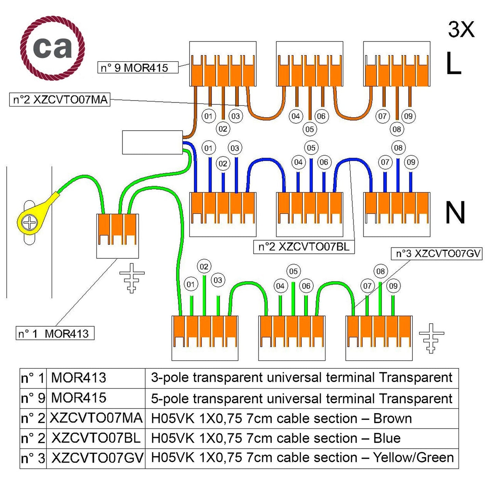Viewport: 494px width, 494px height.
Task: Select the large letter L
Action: [x=454, y=64]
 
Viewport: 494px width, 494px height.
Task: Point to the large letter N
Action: [x=455, y=212]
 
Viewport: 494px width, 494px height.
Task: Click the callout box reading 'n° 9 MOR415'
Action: [x=138, y=67]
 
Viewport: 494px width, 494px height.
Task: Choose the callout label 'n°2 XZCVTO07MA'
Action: [x=60, y=100]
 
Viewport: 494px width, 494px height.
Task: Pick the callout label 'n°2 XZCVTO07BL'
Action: [x=304, y=247]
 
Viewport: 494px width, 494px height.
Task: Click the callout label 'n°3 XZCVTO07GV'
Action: [x=437, y=254]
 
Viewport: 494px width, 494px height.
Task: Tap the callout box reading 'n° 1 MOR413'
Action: [x=55, y=333]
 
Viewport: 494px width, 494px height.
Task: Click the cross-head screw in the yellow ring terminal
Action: [x=29, y=223]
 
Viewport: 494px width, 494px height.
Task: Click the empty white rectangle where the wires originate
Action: [x=152, y=142]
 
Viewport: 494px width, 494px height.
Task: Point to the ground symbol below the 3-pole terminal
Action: [x=132, y=277]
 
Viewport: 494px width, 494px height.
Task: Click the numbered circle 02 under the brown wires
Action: [x=223, y=129]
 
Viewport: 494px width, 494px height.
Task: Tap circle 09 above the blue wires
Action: [x=411, y=162]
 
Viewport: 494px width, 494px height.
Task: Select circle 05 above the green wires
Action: [x=293, y=271]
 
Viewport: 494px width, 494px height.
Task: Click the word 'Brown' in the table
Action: [x=392, y=418]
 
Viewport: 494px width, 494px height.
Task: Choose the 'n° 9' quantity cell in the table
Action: [x=33, y=398]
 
